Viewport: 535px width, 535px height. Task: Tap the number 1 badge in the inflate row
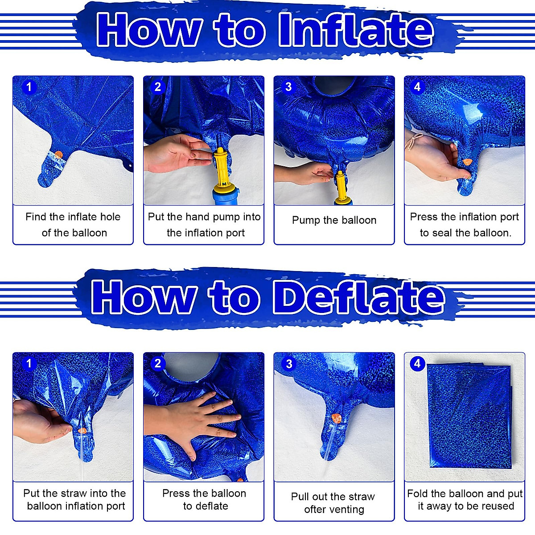[29, 86]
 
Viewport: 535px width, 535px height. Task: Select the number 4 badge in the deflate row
[417, 363]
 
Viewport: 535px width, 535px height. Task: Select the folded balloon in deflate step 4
[468, 417]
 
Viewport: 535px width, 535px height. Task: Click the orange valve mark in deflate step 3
[337, 419]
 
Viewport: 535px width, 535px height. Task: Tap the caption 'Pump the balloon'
[334, 220]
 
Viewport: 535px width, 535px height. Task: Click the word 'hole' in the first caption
[110, 217]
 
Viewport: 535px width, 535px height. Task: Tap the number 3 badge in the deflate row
[289, 364]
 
